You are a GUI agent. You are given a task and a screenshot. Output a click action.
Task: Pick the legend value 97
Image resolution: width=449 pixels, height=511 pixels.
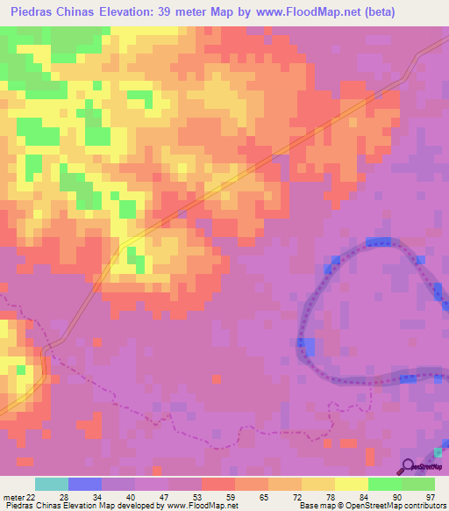pyautogui.click(x=430, y=497)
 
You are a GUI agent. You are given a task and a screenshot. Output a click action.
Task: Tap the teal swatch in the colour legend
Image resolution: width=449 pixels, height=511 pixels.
pyautogui.click(x=52, y=484)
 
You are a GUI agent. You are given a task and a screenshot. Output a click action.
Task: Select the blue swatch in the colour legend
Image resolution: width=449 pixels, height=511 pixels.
pyautogui.click(x=85, y=484)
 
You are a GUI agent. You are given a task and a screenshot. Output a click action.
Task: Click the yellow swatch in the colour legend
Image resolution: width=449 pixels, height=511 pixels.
pyautogui.click(x=318, y=484)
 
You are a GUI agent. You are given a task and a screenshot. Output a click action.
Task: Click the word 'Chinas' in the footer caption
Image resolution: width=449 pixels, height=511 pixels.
pyautogui.click(x=46, y=506)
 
